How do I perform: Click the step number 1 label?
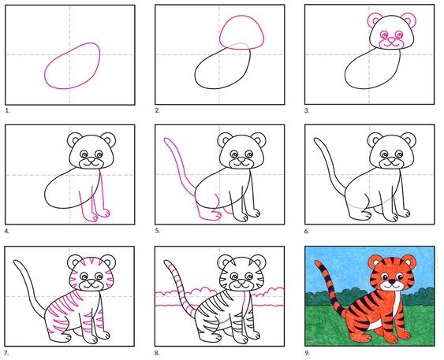point(7,110)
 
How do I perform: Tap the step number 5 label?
point(158,231)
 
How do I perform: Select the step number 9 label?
point(308,353)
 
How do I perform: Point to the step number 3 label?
point(307,110)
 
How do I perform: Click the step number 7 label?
point(7,353)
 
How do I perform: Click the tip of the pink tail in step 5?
point(166,139)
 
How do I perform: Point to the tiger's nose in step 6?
point(391,161)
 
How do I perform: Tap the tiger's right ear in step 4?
point(109,139)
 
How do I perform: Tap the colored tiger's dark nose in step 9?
point(392,282)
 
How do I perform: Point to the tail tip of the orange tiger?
point(316,262)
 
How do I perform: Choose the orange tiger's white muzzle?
point(392,286)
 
